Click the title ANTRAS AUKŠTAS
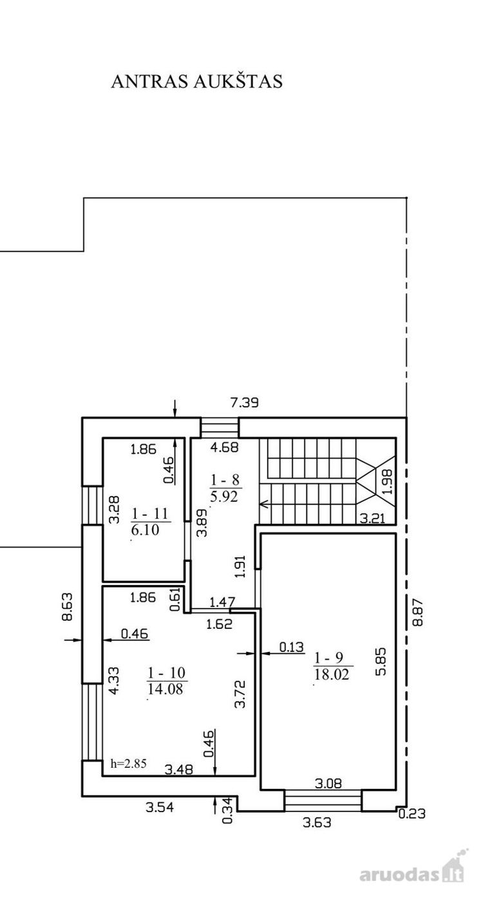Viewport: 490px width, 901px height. tap(197, 81)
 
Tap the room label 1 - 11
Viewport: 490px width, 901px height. tap(149, 514)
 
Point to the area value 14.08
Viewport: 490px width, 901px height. tap(165, 689)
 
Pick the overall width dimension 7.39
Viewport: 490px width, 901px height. tap(244, 402)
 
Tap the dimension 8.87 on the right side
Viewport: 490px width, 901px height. tap(418, 612)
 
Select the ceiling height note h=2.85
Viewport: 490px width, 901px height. tap(129, 763)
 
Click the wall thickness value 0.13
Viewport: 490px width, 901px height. tap(292, 647)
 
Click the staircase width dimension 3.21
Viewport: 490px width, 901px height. tap(372, 518)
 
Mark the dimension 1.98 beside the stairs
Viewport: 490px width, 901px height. tap(387, 482)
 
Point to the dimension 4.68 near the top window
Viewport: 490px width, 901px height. tap(225, 447)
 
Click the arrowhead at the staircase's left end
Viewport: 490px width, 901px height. tap(264, 503)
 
